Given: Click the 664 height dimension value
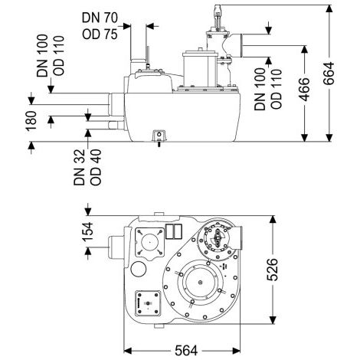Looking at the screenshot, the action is point(329,74).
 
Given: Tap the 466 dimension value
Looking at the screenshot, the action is point(304,90).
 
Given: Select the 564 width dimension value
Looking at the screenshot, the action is point(186,350).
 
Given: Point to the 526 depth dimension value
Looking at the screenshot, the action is point(272,270).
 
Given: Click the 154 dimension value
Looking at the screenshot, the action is point(87,231).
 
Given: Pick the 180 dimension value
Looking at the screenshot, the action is point(31,121).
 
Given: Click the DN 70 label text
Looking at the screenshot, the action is point(100,18).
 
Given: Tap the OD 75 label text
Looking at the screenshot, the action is point(100,34).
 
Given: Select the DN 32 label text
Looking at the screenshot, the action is point(79,167).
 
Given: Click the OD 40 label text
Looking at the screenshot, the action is point(96,167).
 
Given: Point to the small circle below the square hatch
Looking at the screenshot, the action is point(139,269).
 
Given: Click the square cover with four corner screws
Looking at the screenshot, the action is point(149,242).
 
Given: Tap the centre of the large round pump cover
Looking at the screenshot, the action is point(200,282).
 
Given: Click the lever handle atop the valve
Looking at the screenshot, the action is point(218,16).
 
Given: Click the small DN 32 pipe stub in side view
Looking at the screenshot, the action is point(116,126).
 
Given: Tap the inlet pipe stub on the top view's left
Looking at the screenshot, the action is point(117,247).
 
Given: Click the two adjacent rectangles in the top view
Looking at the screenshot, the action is point(174,231).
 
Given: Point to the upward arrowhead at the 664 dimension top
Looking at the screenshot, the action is point(329,8).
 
